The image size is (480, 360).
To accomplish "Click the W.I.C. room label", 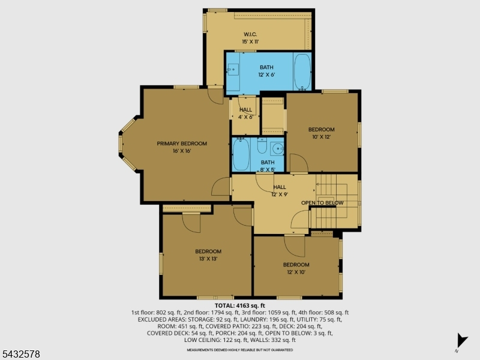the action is click(250, 34).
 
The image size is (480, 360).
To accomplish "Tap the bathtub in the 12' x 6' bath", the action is click(302, 72).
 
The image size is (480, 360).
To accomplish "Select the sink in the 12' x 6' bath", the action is click(233, 70).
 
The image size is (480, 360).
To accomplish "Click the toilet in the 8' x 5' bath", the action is click(262, 146).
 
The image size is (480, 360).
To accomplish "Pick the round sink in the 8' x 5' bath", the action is click(278, 149).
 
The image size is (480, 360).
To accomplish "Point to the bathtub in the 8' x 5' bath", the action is click(241, 154).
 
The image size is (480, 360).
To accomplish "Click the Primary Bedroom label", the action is click(182, 143).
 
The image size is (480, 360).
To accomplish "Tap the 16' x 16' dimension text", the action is click(182, 151).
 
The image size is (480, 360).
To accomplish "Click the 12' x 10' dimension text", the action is click(296, 272).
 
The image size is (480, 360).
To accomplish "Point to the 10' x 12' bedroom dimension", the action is click(322, 137).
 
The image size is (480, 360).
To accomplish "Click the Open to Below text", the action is click(322, 203).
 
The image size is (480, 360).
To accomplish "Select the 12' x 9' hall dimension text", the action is click(280, 194).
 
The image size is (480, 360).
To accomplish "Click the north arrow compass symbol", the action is click(461, 341).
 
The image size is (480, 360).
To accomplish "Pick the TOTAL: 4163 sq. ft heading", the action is click(239, 305).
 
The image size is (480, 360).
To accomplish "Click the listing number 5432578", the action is click(20, 354).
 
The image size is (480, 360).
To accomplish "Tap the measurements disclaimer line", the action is click(239, 350).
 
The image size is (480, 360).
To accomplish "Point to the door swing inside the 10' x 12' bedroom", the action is click(299, 163).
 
